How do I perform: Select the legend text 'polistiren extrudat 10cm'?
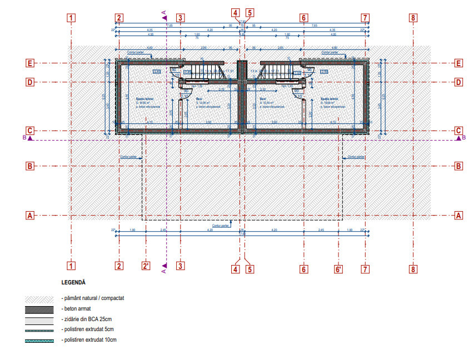(91, 339)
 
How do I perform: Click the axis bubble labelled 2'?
(146, 266)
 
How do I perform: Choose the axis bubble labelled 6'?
(338, 270)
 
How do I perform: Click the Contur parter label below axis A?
(221, 226)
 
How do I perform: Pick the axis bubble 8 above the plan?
(412, 18)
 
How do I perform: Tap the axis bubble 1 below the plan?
(71, 266)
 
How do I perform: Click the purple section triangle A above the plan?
(164, 18)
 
